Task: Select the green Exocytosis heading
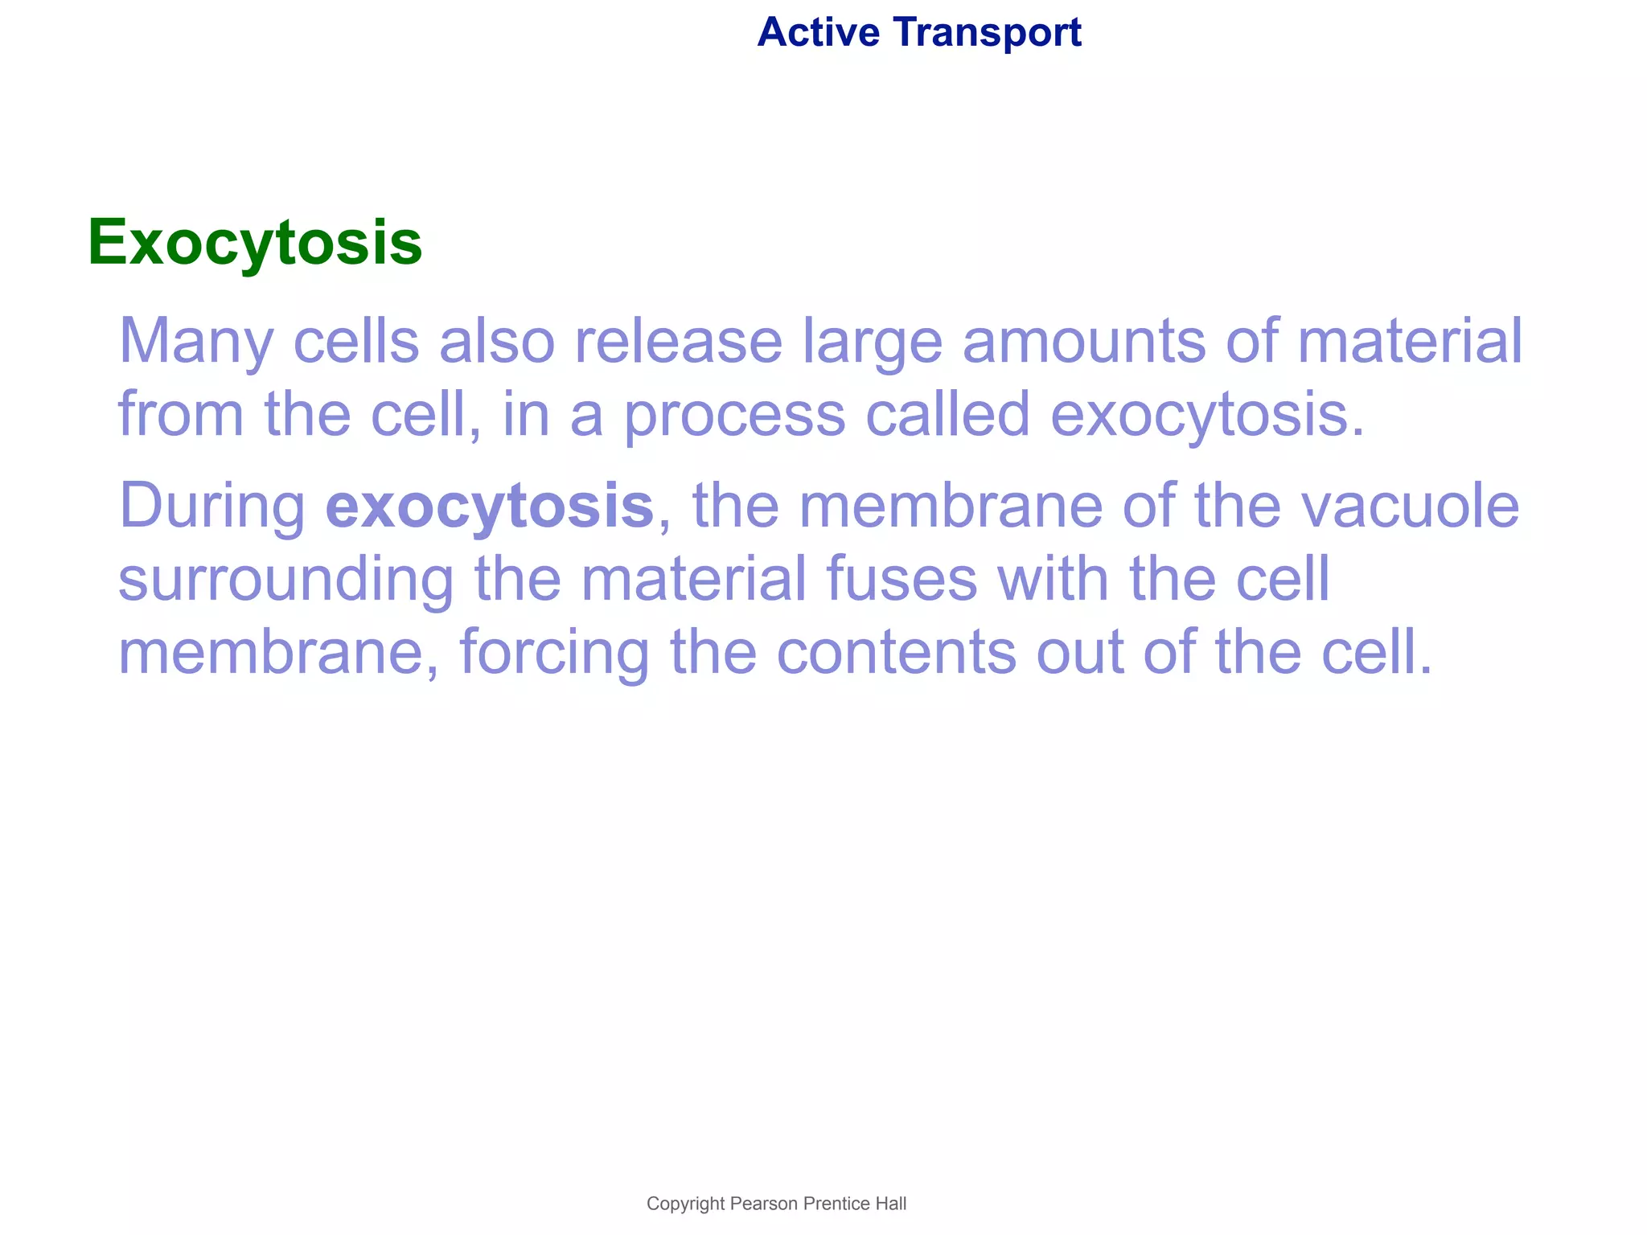255,242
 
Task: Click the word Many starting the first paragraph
197,342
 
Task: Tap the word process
734,416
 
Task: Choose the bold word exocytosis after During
489,507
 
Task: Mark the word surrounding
286,581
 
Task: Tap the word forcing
554,654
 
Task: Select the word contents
897,652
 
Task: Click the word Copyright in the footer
685,1204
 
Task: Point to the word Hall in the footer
891,1204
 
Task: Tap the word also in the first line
496,340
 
